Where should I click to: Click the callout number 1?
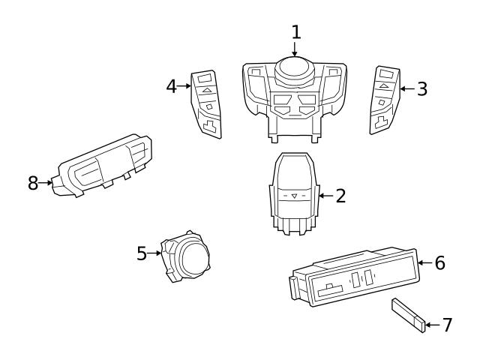[296, 31]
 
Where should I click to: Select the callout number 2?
[340, 196]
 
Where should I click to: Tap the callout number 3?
[422, 88]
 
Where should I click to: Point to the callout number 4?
[172, 86]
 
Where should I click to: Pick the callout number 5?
[142, 253]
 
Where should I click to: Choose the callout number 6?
[439, 262]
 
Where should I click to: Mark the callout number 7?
[447, 325]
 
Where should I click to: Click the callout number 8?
[33, 182]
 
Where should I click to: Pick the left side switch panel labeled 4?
[206, 105]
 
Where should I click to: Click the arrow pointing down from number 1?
[295, 49]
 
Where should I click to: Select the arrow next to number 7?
[432, 325]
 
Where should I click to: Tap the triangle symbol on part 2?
[294, 196]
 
